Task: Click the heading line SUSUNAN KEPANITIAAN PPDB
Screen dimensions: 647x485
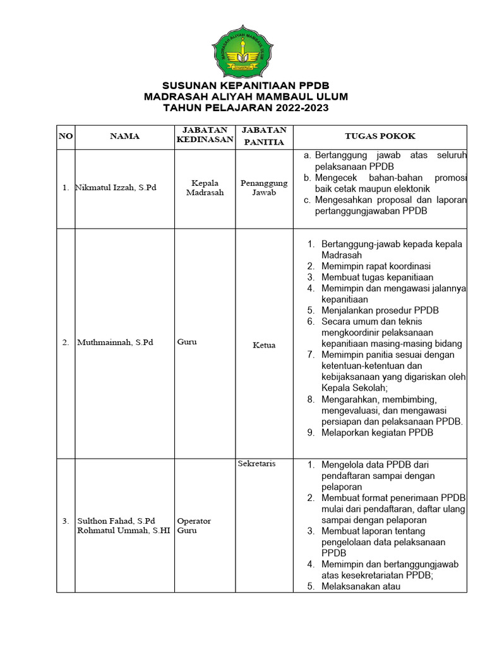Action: tap(246, 85)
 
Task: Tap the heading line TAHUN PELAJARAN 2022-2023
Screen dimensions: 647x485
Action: tap(246, 108)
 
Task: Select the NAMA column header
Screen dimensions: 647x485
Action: tap(124, 136)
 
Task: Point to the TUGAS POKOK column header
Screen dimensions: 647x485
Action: tap(380, 136)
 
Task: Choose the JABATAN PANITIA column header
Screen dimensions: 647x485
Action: tap(264, 135)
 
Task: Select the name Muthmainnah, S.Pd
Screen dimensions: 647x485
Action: tap(115, 342)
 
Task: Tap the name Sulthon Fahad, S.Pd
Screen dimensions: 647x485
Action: tap(116, 521)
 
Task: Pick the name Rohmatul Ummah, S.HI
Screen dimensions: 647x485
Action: tap(123, 531)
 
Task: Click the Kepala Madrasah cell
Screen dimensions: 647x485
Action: tap(205, 188)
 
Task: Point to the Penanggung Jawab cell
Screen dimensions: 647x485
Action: tap(264, 188)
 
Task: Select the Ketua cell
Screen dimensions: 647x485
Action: tap(264, 345)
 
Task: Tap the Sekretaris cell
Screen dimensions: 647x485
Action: tap(256, 464)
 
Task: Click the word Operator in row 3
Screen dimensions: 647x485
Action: tap(194, 521)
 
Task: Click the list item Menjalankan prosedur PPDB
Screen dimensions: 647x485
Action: tap(380, 310)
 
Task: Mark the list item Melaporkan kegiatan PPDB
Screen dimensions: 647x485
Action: tap(377, 432)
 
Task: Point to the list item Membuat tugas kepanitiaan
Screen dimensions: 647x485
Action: tap(377, 277)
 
